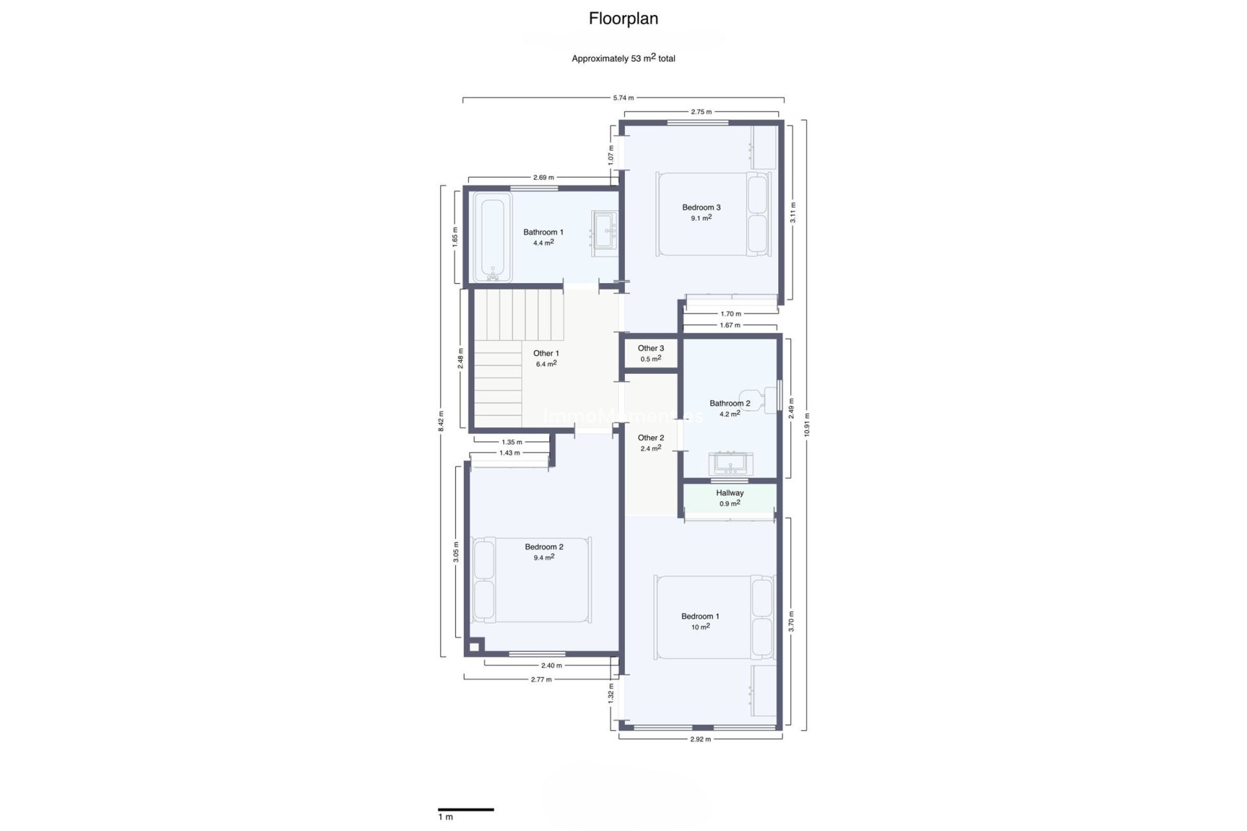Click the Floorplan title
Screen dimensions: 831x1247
[623, 19]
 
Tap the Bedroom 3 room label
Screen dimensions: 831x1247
[701, 208]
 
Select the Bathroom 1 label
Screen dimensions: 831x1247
[543, 232]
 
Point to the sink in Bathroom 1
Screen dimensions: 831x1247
[605, 230]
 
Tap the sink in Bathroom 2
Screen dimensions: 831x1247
[731, 464]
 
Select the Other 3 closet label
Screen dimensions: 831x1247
[651, 349]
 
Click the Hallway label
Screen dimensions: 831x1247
[729, 493]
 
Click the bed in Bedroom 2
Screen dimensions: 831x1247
[532, 579]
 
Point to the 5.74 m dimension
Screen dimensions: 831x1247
[623, 98]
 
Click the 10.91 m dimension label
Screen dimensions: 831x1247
[807, 425]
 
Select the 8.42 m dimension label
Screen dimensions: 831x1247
[441, 421]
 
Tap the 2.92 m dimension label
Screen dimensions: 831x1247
[700, 739]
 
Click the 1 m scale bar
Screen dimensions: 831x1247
[466, 810]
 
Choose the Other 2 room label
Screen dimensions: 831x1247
[651, 438]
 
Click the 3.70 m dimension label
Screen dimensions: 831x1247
[791, 621]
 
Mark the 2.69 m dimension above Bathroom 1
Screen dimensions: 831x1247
[543, 177]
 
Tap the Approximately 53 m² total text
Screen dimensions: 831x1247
[623, 58]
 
